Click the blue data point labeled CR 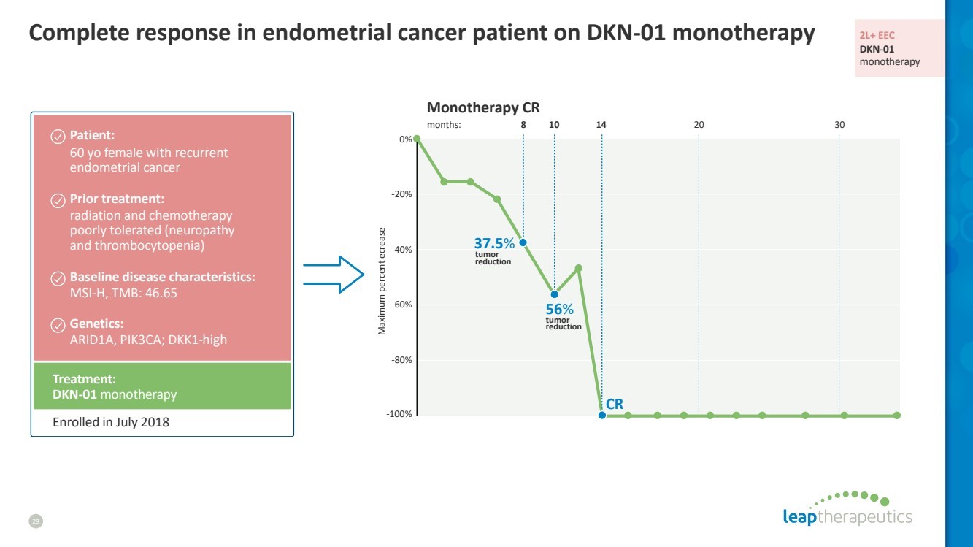(x=602, y=416)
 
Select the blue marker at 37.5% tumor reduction (x=523, y=242)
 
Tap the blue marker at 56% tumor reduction (x=555, y=294)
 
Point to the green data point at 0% (x=417, y=139)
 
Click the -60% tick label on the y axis (x=402, y=305)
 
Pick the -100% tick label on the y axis (x=400, y=415)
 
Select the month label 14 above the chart (x=601, y=125)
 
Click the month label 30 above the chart (x=839, y=125)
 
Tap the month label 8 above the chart (x=523, y=125)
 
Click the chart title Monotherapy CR (x=483, y=108)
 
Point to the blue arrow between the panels (x=334, y=275)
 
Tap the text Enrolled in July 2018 (x=111, y=422)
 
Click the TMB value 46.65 (x=161, y=293)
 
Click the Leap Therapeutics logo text (x=847, y=517)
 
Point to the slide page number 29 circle (x=36, y=521)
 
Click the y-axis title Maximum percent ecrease (x=381, y=281)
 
